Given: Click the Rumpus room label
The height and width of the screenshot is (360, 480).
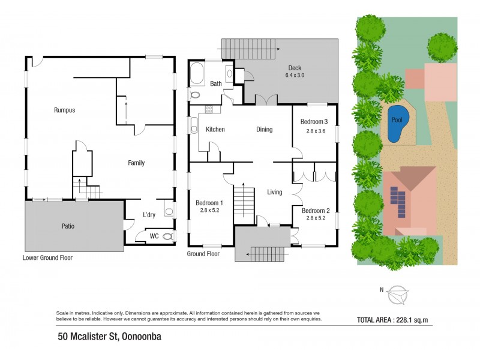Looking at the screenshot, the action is coord(64,110).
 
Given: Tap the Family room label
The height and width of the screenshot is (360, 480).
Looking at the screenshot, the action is coord(136,163).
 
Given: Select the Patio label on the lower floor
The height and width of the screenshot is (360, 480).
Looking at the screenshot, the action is coord(68,226).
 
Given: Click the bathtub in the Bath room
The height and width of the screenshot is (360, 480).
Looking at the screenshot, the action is coord(197,74).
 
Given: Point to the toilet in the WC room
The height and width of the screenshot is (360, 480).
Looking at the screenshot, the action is coord(168,236).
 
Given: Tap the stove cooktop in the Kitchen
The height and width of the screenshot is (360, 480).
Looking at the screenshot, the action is coord(209,109).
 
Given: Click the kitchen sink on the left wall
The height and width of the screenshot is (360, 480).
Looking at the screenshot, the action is coord(194,125).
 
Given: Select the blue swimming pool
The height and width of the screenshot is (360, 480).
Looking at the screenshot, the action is coord(398,124).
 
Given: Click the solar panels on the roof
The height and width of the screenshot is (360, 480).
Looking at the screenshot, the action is coord(398,202).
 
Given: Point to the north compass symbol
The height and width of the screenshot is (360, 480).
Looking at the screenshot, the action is coord(397,295).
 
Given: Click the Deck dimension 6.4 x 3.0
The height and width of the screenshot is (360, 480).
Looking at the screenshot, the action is coord(295,76).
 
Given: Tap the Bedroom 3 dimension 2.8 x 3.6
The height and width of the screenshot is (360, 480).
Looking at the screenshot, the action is coord(316,131).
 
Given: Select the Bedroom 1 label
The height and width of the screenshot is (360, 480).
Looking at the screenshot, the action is coord(209,203).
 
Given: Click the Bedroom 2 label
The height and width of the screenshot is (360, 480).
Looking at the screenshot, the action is coord(316,211).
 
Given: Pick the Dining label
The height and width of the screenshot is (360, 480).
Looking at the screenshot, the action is coord(265,130).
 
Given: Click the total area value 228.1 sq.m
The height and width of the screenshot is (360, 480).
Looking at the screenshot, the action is coord(412,320).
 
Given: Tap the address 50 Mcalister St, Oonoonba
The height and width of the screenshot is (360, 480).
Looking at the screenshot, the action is coord(110,337).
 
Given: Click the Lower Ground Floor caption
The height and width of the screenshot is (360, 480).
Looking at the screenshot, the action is coord(47,258).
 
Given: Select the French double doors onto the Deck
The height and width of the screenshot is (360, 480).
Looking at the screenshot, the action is coord(266,100).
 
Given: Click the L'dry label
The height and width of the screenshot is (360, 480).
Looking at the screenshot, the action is coord(149,215).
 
